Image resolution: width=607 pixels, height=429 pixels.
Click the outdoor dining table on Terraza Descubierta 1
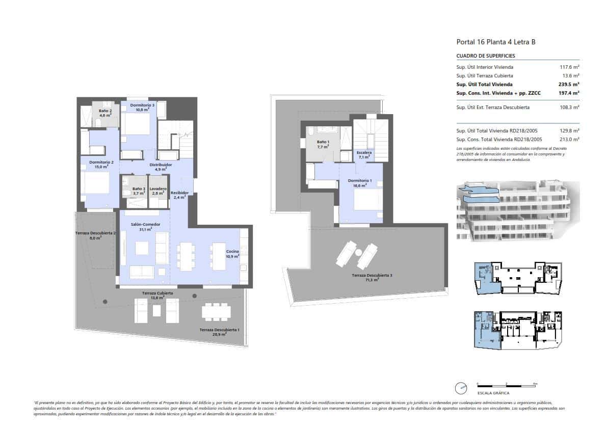pos(216,311)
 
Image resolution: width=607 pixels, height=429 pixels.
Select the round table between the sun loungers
pos(358,252)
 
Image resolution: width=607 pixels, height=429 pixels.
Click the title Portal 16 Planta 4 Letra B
pos(495,42)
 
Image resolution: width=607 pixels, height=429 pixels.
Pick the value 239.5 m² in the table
pos(569,84)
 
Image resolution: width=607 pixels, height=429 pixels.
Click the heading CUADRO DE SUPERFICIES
pos(486,56)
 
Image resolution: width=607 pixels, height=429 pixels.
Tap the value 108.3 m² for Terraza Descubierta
pos(569,108)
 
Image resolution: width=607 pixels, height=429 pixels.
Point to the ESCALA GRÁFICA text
pos(493,393)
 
